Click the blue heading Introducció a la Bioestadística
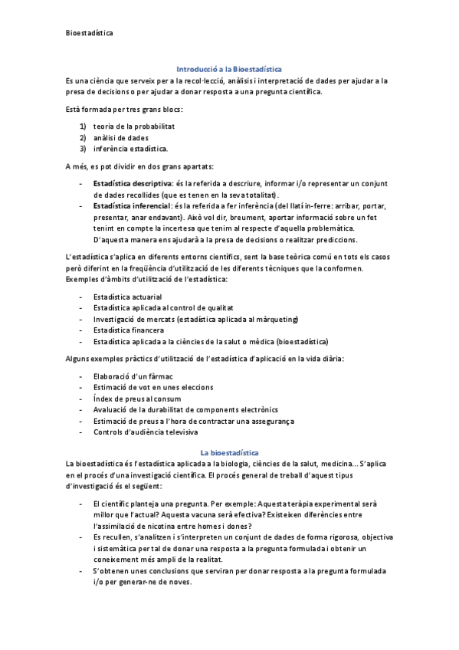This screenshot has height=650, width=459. [x=229, y=68]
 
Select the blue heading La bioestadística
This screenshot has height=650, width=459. [x=229, y=452]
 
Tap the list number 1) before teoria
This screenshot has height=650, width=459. [x=83, y=126]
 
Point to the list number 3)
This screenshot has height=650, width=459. [x=83, y=148]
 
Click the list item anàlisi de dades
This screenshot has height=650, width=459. [x=121, y=137]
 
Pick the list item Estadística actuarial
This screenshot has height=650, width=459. [x=127, y=296]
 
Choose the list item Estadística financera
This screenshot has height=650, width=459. [x=128, y=330]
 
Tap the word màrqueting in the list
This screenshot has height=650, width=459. [x=277, y=319]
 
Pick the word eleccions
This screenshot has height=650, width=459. [x=195, y=387]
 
